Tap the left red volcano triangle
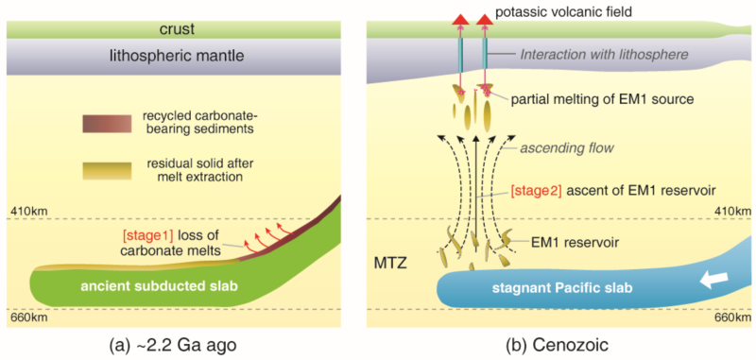(460, 19)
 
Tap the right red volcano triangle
(486, 19)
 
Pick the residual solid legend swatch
(107, 171)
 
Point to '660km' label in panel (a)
(25, 317)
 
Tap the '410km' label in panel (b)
(735, 211)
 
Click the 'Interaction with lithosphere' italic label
(602, 56)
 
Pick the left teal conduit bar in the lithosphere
(460, 57)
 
